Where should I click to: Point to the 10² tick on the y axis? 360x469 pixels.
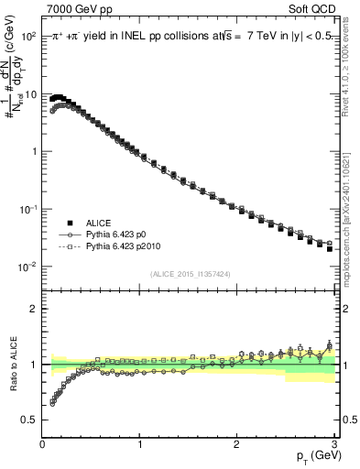(x=28, y=36)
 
